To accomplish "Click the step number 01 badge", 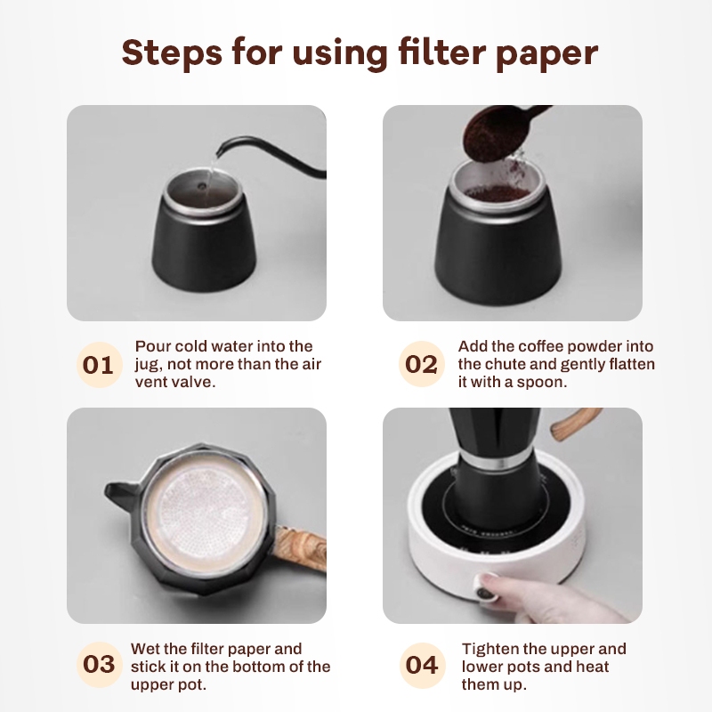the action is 100,365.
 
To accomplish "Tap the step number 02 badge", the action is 422,364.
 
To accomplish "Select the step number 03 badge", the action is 100,664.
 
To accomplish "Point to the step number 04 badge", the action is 422,665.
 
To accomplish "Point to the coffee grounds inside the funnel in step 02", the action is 497,193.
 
